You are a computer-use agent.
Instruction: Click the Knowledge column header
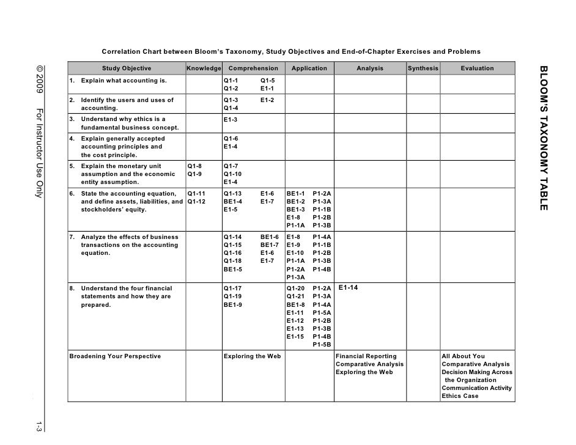click(204, 68)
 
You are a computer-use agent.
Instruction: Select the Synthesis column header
click(423, 68)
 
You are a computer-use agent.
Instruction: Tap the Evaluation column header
click(478, 68)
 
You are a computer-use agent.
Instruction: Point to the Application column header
click(309, 68)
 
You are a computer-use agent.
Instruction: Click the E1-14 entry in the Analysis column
click(348, 287)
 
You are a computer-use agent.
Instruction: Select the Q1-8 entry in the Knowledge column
click(194, 166)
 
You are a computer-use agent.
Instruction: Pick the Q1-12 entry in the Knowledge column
click(196, 201)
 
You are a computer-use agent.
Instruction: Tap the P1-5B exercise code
click(322, 344)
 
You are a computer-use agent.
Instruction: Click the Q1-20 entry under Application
click(295, 289)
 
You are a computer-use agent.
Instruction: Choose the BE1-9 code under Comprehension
click(233, 304)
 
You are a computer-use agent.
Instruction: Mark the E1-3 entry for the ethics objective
click(231, 119)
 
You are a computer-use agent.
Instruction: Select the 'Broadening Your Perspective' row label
click(115, 356)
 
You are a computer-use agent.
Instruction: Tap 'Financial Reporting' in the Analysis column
click(366, 356)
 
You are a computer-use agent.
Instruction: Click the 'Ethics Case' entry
click(460, 396)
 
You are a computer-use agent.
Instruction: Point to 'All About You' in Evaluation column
click(463, 356)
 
